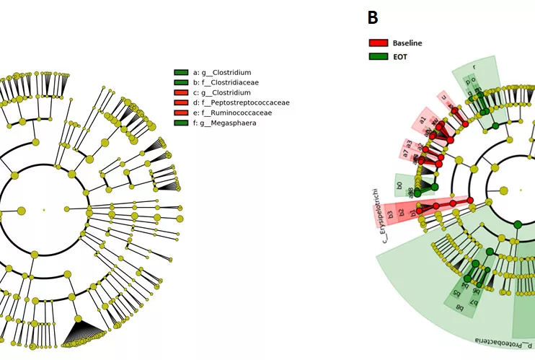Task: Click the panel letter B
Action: coord(373,18)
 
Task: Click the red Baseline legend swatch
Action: coord(379,43)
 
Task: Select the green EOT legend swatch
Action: coord(379,56)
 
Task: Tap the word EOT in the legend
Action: coord(400,56)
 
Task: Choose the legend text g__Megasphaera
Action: coord(230,123)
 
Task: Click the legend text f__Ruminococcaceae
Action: coord(236,113)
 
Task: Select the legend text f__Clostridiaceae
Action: coord(230,83)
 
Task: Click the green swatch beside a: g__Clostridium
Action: coord(181,73)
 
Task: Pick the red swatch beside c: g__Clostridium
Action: coord(181,93)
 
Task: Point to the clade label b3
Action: coord(390,214)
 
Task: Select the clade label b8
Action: coord(460,307)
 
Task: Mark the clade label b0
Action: coord(399,185)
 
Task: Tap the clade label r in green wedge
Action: coord(474,67)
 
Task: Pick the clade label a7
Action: coord(406,154)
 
